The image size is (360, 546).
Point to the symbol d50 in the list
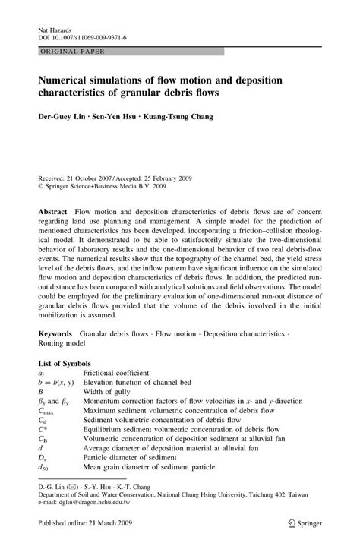(x=43, y=487)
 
